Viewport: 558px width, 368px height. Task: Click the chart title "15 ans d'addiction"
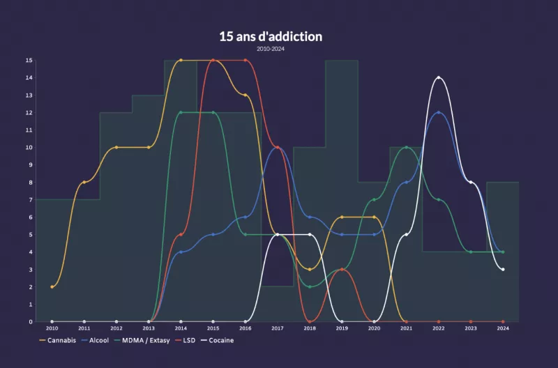(x=271, y=36)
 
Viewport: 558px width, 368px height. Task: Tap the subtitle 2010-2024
(x=271, y=49)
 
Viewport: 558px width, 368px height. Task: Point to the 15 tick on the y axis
(x=29, y=60)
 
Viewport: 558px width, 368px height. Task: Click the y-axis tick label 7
(x=30, y=200)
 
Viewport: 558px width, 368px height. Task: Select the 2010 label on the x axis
(x=52, y=328)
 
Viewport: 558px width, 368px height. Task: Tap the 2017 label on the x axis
(x=278, y=328)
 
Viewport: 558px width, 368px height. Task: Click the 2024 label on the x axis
(x=503, y=328)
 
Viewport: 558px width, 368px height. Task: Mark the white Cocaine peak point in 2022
(x=439, y=77)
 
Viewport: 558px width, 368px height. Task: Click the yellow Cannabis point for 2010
(x=52, y=286)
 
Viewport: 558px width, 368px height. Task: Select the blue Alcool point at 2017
(x=278, y=147)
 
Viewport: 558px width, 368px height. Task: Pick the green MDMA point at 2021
(x=407, y=147)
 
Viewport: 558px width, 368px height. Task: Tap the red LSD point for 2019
(x=342, y=269)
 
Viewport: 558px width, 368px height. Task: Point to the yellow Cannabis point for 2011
(x=84, y=182)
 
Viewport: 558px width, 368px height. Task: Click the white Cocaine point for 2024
(x=503, y=269)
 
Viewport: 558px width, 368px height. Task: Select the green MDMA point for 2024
(x=503, y=252)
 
